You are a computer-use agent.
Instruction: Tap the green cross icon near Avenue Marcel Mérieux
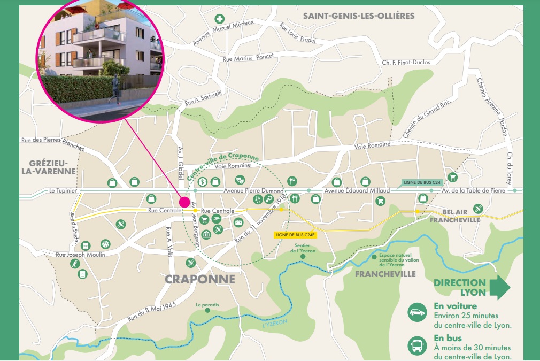pyautogui.click(x=219, y=19)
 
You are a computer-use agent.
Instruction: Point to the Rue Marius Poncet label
pyautogui.click(x=248, y=58)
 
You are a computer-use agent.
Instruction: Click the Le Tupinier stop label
pyautogui.click(x=63, y=190)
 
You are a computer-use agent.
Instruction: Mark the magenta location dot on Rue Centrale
pyautogui.click(x=184, y=202)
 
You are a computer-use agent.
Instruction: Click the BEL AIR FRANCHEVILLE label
pyautogui.click(x=454, y=216)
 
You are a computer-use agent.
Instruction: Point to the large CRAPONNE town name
pyautogui.click(x=200, y=279)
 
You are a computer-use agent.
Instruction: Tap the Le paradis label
pyautogui.click(x=207, y=305)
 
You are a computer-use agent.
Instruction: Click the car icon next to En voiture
pyautogui.click(x=417, y=312)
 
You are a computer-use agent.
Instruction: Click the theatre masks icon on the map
pyautogui.click(x=240, y=180)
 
